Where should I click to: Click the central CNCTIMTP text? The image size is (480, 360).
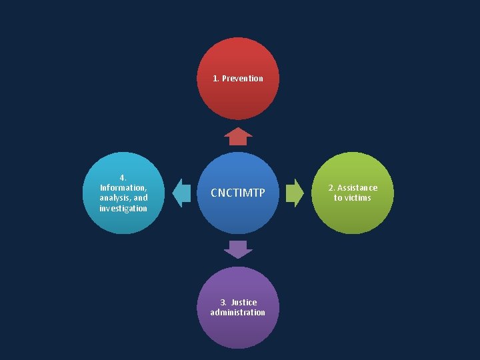point(238,193)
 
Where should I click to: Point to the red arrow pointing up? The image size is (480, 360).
point(238,137)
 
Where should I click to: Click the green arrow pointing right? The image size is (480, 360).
point(294,193)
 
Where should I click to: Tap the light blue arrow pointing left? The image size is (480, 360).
point(181,193)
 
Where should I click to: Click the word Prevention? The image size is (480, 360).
point(243,79)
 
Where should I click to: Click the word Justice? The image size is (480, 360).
point(244,303)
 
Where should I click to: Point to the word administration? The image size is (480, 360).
point(238,313)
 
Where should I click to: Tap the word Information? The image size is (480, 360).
point(123,188)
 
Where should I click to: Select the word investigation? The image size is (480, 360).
point(123,209)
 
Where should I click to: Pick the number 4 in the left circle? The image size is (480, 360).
point(123,177)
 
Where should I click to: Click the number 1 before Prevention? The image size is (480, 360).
point(215,79)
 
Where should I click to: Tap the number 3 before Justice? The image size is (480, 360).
point(223,303)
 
